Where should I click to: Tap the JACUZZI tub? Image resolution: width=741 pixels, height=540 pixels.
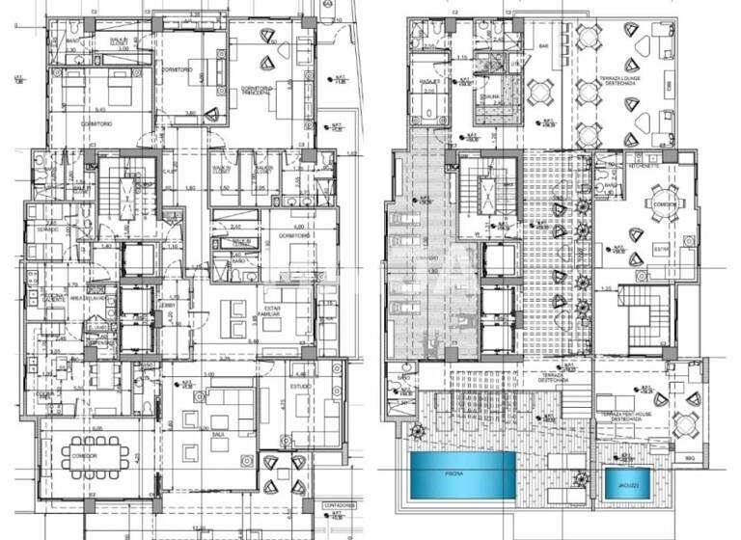point(624,479)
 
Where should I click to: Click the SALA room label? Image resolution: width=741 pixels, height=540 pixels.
point(218,436)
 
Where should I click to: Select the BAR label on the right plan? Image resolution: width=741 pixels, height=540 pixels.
point(542,43)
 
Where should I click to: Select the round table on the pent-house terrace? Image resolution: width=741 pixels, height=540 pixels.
point(684,422)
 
